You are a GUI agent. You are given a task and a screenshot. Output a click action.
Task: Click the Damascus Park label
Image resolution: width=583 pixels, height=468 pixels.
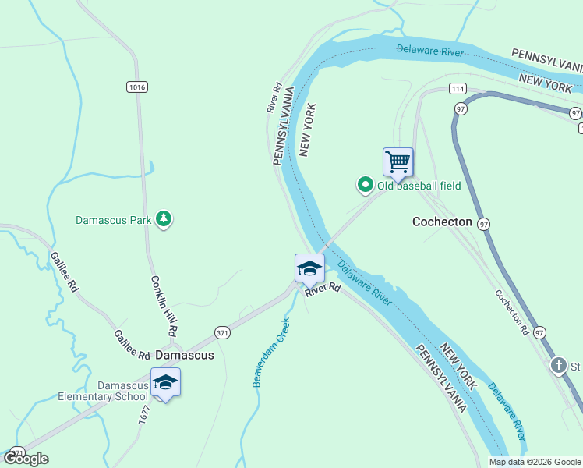tap(113, 220)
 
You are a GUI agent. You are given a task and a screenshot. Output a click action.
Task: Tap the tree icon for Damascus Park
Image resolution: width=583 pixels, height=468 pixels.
tap(164, 219)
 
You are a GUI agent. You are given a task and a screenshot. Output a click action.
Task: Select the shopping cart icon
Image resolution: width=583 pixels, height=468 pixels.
tap(398, 162)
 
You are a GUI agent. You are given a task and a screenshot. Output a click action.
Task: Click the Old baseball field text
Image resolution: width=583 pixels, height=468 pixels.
tap(419, 186)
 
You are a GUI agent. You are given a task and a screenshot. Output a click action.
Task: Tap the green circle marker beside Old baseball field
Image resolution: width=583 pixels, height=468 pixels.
tap(365, 185)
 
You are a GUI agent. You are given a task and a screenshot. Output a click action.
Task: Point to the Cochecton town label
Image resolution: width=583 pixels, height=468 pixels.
tap(442, 222)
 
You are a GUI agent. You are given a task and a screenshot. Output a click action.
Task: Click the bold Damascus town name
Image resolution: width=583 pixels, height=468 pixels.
tap(185, 355)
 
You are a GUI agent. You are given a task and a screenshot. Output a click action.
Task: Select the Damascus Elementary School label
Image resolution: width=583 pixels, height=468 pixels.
tap(103, 391)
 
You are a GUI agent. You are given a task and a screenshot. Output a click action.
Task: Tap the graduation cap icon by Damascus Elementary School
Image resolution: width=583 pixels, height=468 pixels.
tap(165, 382)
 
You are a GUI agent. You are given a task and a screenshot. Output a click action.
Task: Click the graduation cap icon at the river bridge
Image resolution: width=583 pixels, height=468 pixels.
tap(309, 268)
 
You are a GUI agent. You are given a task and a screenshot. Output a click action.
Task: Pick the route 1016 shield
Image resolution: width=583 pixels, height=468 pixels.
tap(137, 87)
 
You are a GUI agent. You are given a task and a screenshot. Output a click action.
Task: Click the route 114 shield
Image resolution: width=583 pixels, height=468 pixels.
tap(458, 89)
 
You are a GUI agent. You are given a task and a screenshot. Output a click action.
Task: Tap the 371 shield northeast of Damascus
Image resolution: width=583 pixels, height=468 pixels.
tap(223, 333)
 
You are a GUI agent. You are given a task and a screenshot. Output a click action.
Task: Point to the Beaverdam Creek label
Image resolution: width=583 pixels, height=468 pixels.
tap(270, 352)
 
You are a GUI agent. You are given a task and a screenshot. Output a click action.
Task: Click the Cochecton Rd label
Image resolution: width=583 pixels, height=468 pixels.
tap(511, 313)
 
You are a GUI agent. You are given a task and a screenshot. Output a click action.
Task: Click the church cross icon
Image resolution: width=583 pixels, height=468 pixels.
tap(558, 365)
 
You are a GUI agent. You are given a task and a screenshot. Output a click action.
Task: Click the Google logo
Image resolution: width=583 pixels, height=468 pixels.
tap(26, 459)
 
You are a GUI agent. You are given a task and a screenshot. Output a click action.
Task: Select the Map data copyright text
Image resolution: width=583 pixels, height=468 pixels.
tap(535, 462)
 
